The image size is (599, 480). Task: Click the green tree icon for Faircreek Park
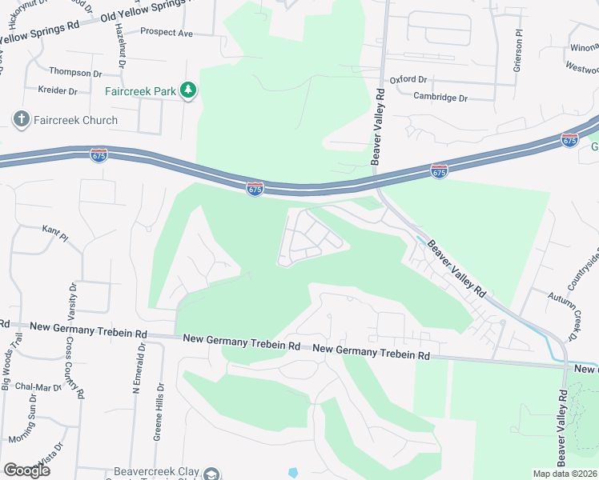pyautogui.click(x=188, y=91)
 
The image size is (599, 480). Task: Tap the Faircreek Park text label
pyautogui.click(x=140, y=91)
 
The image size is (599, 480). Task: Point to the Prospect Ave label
pyautogui.click(x=167, y=33)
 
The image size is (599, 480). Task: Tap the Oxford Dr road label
pyautogui.click(x=409, y=80)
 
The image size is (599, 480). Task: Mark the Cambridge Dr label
pyautogui.click(x=440, y=98)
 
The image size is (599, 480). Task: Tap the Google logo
pyautogui.click(x=26, y=470)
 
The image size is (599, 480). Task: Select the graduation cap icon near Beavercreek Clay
pyautogui.click(x=211, y=474)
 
